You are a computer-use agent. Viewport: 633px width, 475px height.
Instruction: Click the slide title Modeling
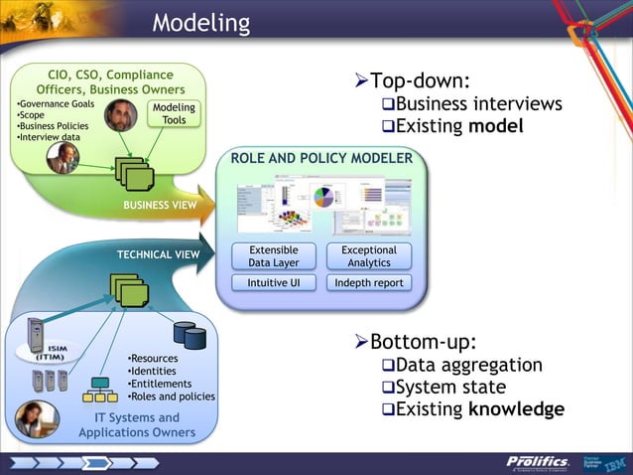201,22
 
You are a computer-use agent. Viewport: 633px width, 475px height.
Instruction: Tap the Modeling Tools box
174,114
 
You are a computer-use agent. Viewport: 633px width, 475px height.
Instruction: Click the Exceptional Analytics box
368,256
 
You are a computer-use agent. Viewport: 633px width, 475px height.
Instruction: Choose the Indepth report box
368,283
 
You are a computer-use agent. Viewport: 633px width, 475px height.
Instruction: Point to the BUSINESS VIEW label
159,205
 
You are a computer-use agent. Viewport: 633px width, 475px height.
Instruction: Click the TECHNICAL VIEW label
159,254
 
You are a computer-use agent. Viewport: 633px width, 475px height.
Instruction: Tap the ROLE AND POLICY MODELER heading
321,159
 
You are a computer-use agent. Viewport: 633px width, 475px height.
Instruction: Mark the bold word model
496,126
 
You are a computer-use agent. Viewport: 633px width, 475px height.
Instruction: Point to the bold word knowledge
516,408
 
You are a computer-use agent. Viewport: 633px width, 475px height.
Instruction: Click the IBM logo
614,461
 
